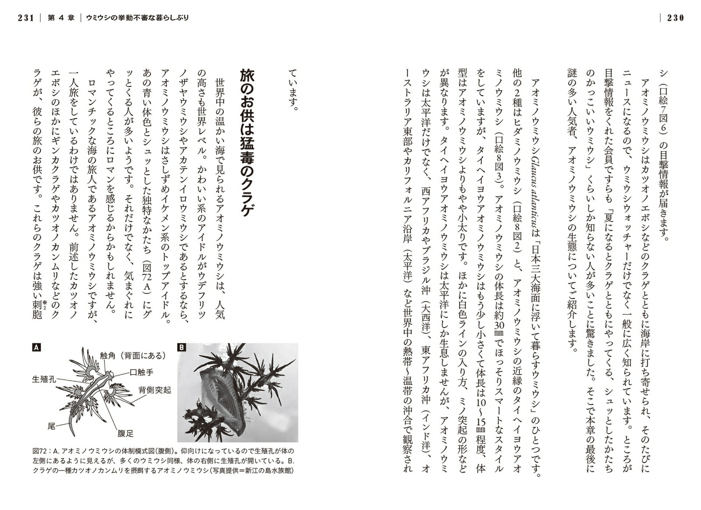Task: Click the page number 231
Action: (x=26, y=18)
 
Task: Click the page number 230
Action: (x=675, y=18)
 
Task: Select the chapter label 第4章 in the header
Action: (x=61, y=18)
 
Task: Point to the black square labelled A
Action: (x=36, y=348)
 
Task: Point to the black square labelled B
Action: (x=181, y=348)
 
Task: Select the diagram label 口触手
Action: (x=141, y=372)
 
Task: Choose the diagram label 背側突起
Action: (x=155, y=390)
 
